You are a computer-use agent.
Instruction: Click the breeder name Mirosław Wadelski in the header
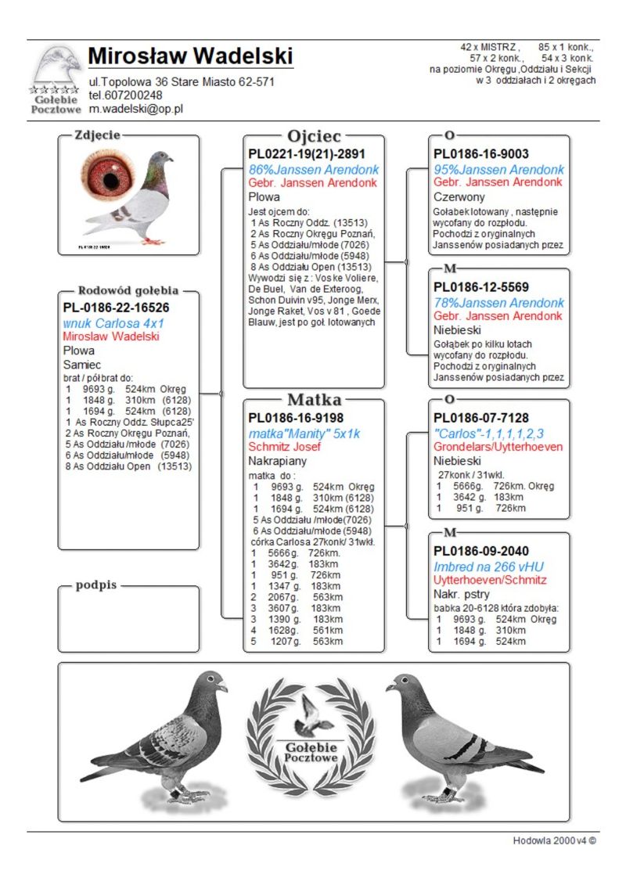(x=191, y=56)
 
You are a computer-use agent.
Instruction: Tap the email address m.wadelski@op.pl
(x=136, y=109)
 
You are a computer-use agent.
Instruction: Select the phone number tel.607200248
(x=125, y=95)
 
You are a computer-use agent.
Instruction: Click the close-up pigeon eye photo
(x=109, y=178)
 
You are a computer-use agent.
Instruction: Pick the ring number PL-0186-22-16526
(x=117, y=308)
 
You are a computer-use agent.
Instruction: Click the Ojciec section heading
(x=314, y=136)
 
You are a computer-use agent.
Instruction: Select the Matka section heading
(x=314, y=400)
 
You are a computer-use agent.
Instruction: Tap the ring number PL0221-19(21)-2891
(x=307, y=154)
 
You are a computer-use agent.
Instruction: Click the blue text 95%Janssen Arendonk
(x=499, y=169)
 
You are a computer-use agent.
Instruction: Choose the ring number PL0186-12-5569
(x=481, y=287)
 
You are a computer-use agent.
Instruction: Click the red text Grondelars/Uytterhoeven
(x=498, y=447)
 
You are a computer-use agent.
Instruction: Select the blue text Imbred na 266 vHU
(x=489, y=567)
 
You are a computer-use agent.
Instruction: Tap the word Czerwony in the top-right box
(x=459, y=197)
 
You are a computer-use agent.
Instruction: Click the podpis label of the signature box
(x=96, y=585)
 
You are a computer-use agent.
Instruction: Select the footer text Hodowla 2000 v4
(x=554, y=840)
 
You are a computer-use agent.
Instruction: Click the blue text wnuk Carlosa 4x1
(x=113, y=323)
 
